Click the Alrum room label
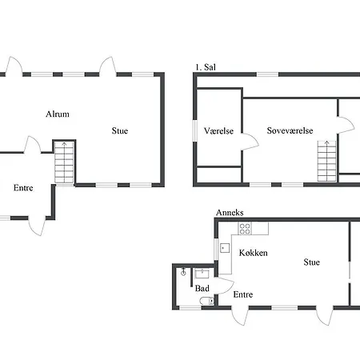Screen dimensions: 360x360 [58, 114]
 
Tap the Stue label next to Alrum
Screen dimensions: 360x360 [120, 130]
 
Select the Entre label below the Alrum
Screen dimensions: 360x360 [23, 188]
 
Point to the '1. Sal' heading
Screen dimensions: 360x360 [206, 67]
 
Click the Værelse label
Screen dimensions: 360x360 [218, 130]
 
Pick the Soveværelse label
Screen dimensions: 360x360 [290, 130]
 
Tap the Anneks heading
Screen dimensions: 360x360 [230, 213]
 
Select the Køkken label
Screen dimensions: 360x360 [253, 253]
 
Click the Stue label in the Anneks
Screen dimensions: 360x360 [311, 262]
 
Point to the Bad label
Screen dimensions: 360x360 [202, 288]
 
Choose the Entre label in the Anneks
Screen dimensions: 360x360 [243, 294]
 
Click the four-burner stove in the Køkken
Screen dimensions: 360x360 [245, 229]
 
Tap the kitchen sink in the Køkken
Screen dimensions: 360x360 [225, 248]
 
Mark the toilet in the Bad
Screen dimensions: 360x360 [207, 301]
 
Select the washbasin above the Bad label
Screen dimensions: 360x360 [202, 274]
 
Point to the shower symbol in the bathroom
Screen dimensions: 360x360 [183, 272]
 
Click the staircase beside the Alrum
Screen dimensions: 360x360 [64, 162]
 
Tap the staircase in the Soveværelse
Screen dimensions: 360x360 [326, 162]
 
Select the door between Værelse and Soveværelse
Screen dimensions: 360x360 [250, 142]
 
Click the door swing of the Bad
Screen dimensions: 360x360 [225, 286]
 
